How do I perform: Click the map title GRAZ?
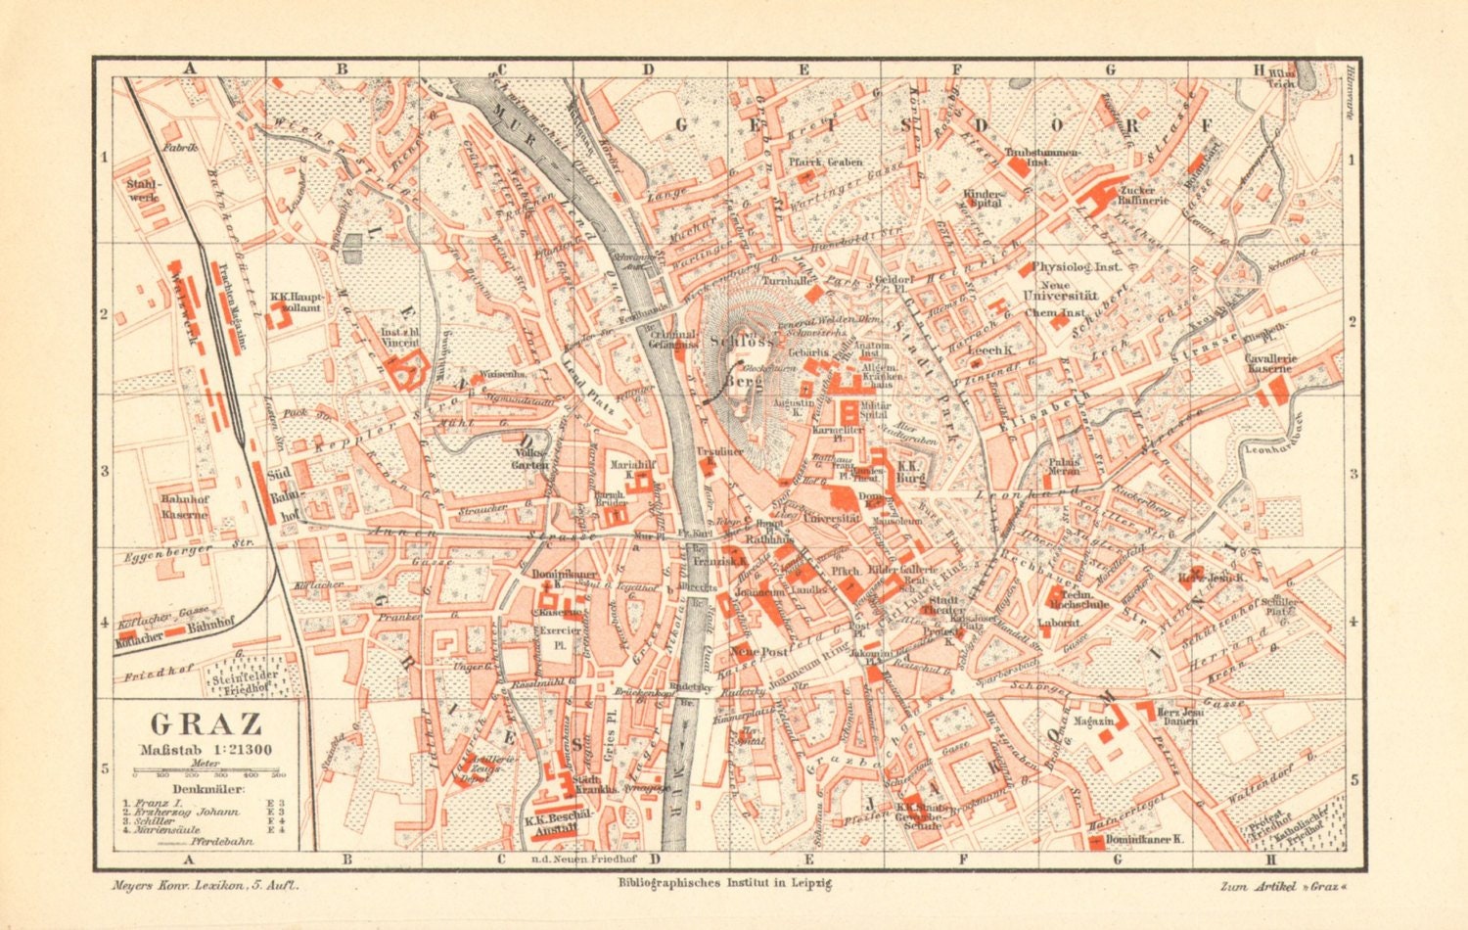tap(206, 724)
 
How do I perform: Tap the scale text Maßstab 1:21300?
tap(206, 750)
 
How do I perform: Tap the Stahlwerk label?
tap(143, 190)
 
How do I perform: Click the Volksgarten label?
tap(530, 459)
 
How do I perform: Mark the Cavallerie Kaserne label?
tap(1270, 363)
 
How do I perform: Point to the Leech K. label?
tap(988, 349)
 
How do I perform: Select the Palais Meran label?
tap(1064, 466)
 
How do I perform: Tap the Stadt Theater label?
tap(943, 604)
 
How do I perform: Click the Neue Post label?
tap(758, 651)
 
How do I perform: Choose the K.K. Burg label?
tap(910, 473)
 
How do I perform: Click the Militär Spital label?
tap(874, 409)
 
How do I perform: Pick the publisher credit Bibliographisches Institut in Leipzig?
tap(724, 883)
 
